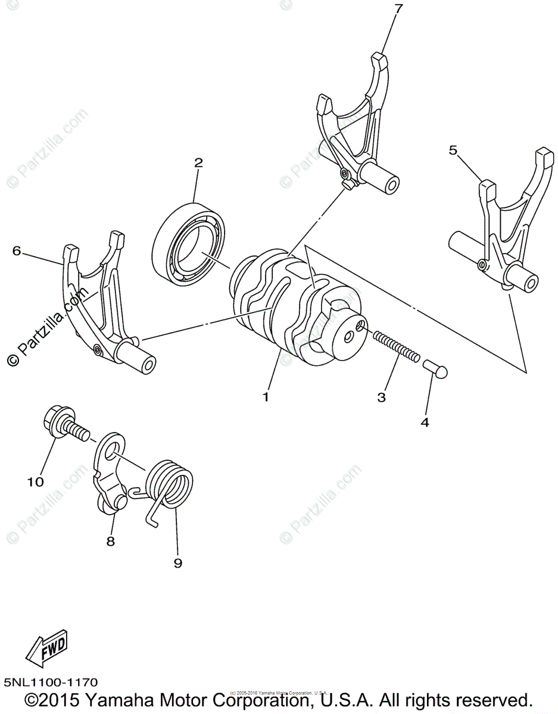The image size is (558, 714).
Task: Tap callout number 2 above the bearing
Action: (x=198, y=162)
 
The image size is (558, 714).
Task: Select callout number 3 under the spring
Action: (x=381, y=397)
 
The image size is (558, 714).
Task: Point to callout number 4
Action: (x=425, y=422)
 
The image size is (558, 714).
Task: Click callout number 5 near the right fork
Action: (x=453, y=151)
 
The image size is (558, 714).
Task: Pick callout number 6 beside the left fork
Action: (x=16, y=251)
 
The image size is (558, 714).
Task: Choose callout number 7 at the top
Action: (x=398, y=8)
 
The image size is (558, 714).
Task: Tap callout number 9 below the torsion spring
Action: (x=177, y=563)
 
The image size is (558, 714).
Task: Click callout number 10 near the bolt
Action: (x=36, y=482)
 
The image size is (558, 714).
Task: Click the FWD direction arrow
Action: (x=48, y=649)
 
